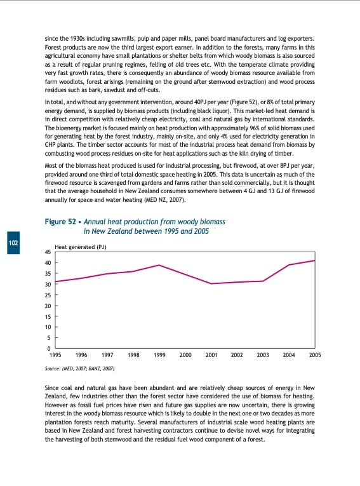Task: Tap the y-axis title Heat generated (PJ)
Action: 80,246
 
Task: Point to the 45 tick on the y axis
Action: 48,252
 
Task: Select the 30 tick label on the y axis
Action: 48,285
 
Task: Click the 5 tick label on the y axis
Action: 49,338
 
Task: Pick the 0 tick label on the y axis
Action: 49,349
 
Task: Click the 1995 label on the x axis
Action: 55,356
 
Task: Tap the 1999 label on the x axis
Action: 159,356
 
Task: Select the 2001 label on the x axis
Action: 211,356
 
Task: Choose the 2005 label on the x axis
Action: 315,356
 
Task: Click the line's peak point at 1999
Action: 159,265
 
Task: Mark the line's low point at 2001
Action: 211,283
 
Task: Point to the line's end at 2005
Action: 315,260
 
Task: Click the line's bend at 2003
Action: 263,281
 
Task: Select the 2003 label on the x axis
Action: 263,356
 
